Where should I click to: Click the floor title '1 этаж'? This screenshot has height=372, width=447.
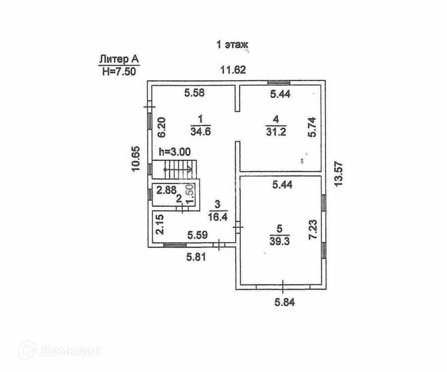tap(232, 45)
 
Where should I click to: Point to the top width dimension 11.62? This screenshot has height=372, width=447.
tap(233, 70)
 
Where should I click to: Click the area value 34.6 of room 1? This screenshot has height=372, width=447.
tap(200, 131)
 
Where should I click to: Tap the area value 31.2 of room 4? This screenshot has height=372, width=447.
tap(276, 131)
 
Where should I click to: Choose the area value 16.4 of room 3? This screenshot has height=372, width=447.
tap(216, 216)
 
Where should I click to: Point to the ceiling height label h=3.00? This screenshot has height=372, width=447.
tap(174, 152)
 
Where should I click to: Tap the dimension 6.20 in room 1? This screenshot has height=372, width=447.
tap(161, 127)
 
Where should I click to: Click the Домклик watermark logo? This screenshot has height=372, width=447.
tap(59, 351)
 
